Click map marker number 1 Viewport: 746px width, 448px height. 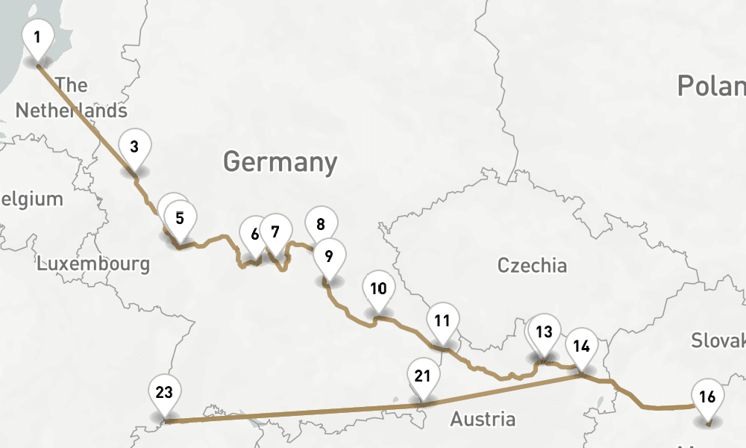37,36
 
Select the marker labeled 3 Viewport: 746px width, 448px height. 134,146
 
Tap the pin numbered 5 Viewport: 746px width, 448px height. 180,218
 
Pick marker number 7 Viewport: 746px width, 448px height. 275,231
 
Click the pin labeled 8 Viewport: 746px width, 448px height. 321,224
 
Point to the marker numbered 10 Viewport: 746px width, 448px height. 378,288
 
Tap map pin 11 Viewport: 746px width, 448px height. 443,321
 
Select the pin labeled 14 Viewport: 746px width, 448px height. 582,346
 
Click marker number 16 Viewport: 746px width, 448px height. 708,396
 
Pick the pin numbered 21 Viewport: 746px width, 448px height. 423,376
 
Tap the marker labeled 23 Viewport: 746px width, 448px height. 165,391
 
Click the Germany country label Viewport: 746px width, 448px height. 280,161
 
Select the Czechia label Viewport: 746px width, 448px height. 532,265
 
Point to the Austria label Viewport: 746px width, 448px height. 482,419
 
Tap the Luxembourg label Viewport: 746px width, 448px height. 93,263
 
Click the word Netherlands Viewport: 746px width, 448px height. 72,111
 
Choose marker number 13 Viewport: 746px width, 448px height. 545,332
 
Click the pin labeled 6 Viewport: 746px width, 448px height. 254,234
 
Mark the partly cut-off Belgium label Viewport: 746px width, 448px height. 30,199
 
